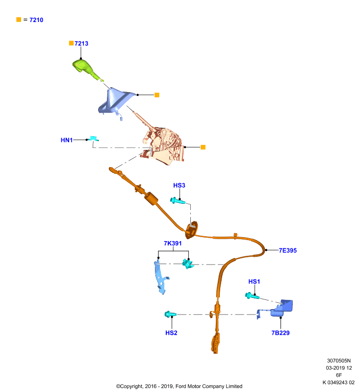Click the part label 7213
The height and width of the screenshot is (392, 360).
81,44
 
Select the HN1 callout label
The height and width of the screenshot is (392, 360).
67,140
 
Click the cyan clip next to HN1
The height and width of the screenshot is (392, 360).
94,138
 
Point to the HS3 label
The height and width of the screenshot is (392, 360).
179,185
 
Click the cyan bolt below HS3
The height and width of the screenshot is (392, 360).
178,200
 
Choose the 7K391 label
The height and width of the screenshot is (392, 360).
173,243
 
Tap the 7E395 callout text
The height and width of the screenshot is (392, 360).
288,250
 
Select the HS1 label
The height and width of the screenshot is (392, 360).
254,281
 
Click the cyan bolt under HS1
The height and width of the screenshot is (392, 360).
252,296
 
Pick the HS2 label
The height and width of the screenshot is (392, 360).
171,333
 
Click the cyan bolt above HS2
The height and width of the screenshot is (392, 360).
170,314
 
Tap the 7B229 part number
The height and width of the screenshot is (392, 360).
281,333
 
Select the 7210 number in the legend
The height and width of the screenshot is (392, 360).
36,20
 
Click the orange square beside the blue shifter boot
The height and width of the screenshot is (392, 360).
157,95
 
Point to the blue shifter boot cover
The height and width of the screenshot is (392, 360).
116,101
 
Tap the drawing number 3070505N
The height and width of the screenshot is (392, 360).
339,361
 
